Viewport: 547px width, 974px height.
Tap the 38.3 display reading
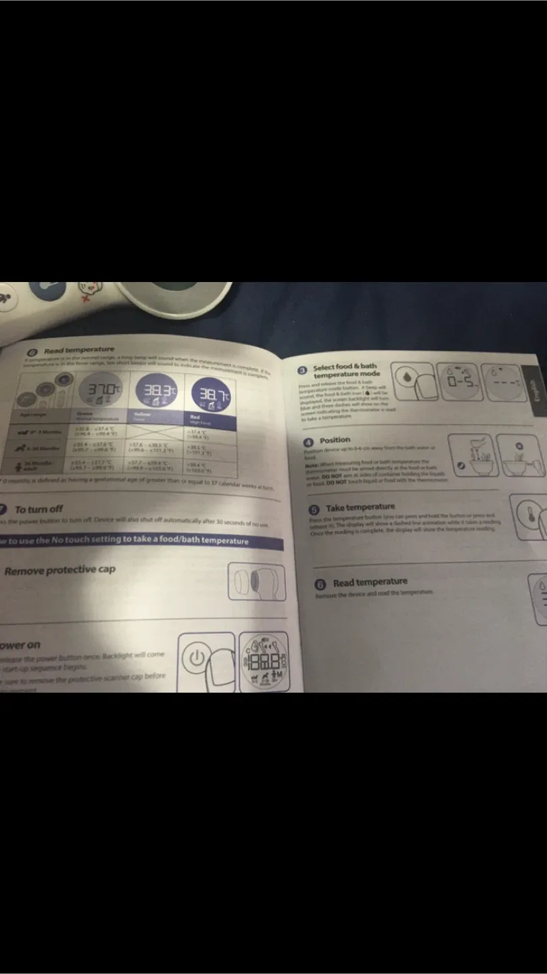pyautogui.click(x=157, y=390)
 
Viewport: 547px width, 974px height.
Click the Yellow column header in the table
pyautogui.click(x=143, y=417)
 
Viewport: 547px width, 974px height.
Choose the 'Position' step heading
pyautogui.click(x=335, y=440)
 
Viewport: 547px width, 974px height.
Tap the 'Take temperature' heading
pyautogui.click(x=360, y=507)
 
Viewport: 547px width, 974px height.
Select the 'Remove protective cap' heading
pyautogui.click(x=60, y=570)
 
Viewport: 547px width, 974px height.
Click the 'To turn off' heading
pyautogui.click(x=39, y=509)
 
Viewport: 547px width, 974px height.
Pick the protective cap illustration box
pyautogui.click(x=256, y=582)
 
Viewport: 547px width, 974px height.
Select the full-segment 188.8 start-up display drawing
pyautogui.click(x=266, y=662)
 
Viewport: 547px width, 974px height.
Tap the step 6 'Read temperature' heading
pyautogui.click(x=370, y=582)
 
